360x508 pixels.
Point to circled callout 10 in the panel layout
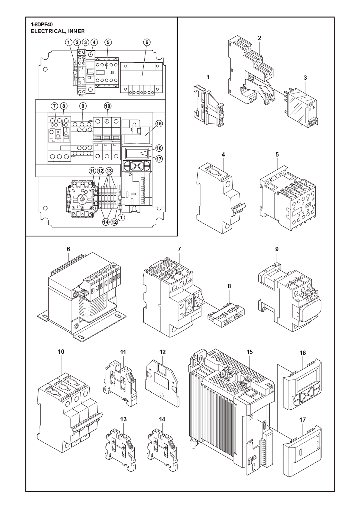(107, 106)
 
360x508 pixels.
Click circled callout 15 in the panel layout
(159, 124)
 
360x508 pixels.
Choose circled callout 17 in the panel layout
(159, 159)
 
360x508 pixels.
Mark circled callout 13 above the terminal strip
(109, 171)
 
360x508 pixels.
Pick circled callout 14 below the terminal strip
(106, 222)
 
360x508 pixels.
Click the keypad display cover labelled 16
(302, 385)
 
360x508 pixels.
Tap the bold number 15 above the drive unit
(250, 352)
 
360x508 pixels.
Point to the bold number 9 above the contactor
(277, 249)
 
